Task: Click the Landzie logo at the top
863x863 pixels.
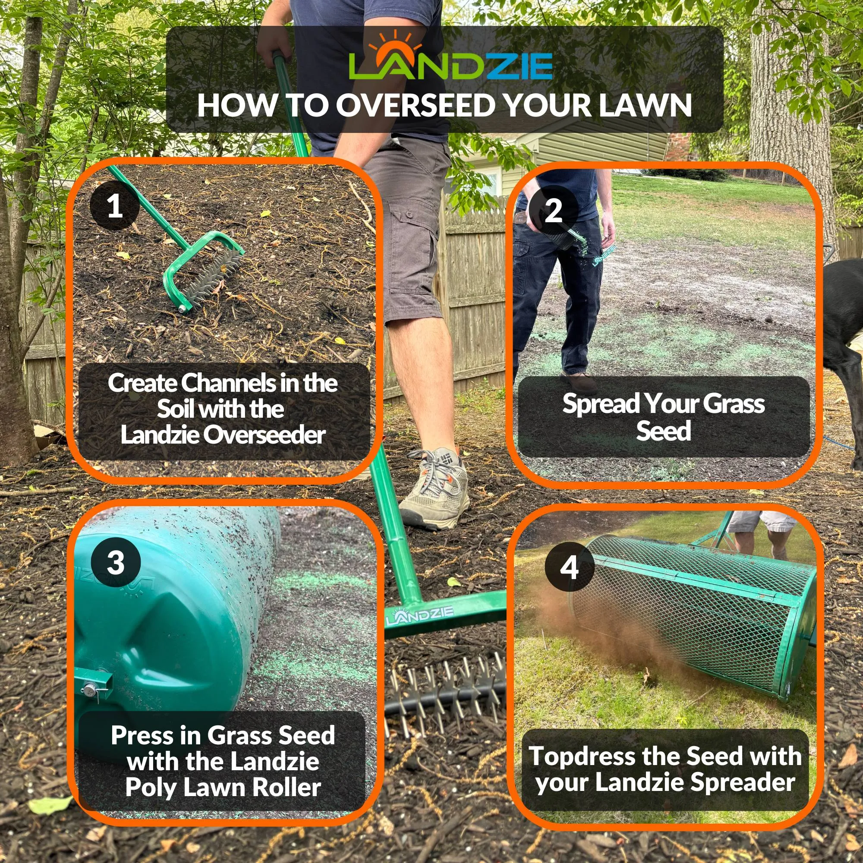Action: coord(450,57)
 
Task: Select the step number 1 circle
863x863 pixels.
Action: coord(114,206)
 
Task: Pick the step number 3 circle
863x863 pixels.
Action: coord(116,562)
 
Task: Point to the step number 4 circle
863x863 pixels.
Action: coord(569,567)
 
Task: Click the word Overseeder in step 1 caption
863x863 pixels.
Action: coord(265,435)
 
